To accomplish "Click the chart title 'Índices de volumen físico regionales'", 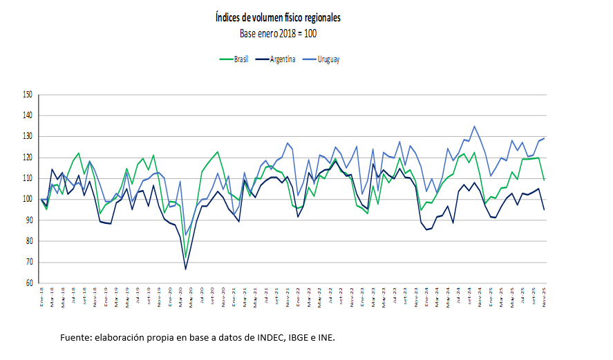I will coord(278,17).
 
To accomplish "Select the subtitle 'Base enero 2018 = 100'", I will coord(278,32).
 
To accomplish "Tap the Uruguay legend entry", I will coord(328,59).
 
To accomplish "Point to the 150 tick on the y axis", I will coord(28,95).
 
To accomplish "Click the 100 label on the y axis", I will coord(28,199).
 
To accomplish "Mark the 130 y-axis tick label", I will coord(28,136).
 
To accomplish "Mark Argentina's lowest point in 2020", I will coord(185,269).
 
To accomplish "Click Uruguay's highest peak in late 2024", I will coord(474,126).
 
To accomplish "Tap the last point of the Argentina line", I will coord(544,209).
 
